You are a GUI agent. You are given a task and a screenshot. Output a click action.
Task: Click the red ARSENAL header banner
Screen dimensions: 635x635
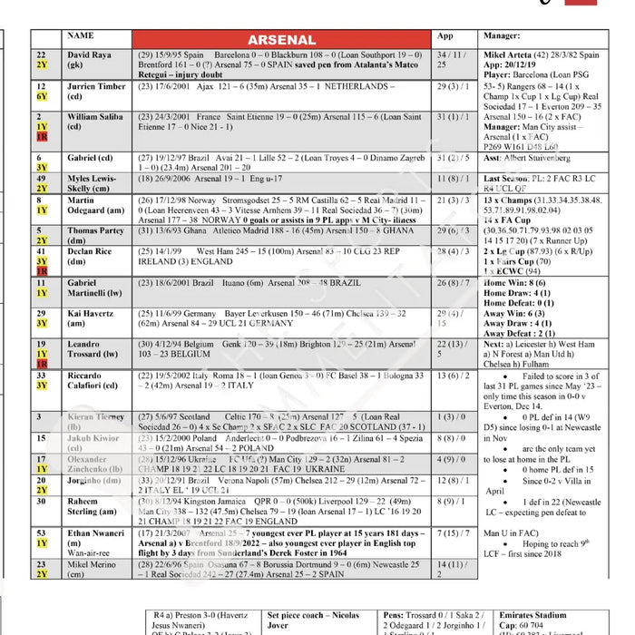tap(281, 40)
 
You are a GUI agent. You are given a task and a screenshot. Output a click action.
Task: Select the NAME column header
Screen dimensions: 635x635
tap(81, 37)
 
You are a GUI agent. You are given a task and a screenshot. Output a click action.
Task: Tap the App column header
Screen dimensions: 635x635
tap(445, 37)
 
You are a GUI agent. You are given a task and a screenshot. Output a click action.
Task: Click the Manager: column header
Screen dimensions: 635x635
tap(502, 37)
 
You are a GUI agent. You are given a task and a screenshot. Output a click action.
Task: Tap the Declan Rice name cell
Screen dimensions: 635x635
tap(91, 257)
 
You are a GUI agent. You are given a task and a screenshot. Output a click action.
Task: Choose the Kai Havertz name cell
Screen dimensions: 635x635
tap(90, 317)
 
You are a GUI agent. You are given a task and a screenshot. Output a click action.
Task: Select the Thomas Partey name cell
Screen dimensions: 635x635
tap(95, 236)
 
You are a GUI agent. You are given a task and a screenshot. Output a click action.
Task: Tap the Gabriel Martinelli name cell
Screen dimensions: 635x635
tap(93, 288)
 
